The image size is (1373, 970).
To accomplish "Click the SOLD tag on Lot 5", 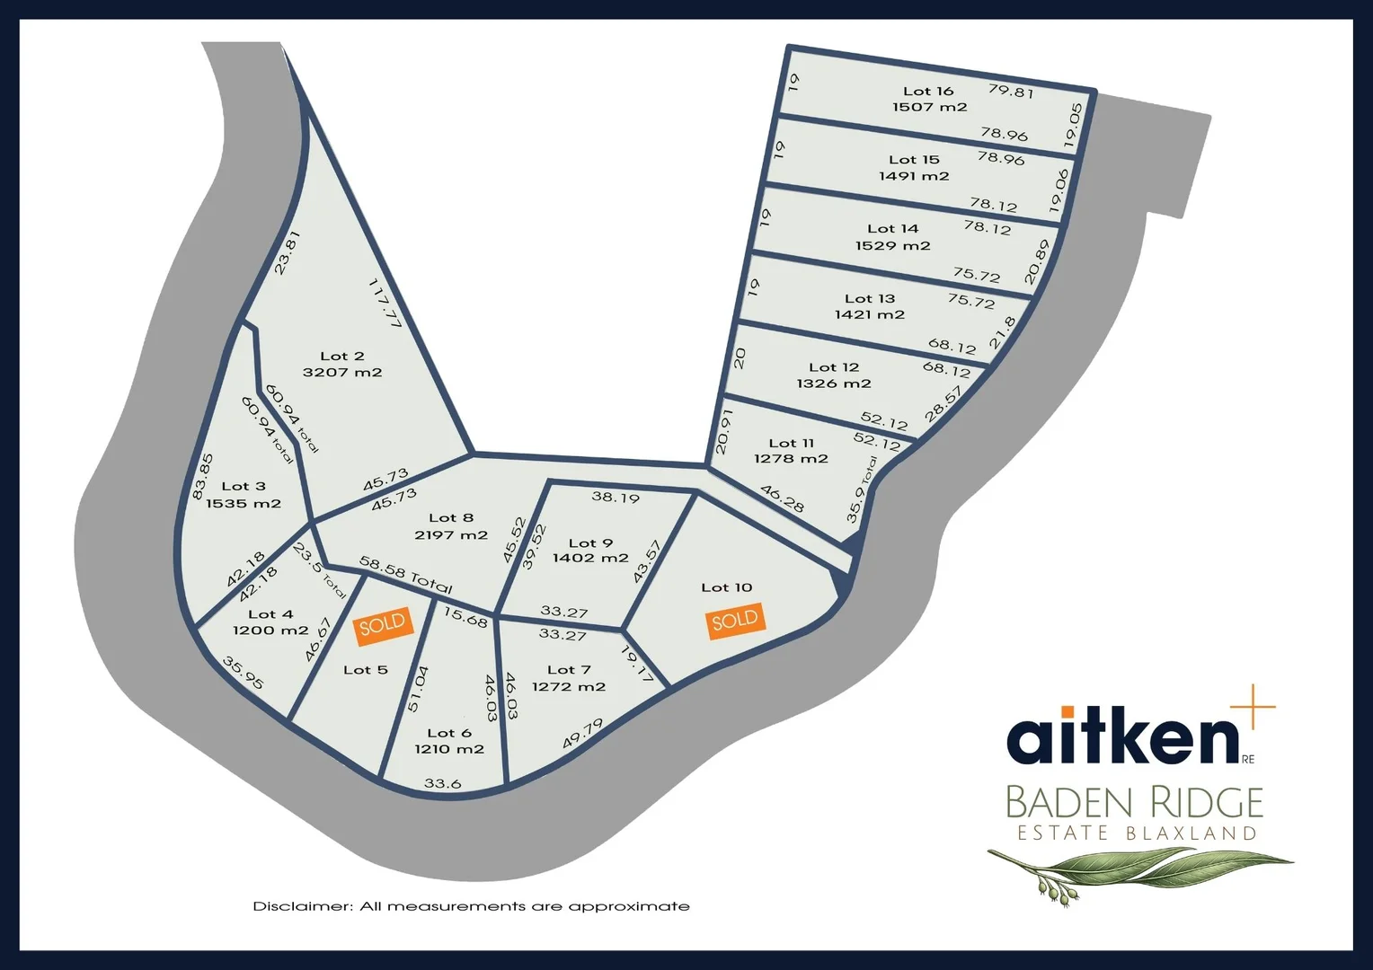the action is [x=384, y=626].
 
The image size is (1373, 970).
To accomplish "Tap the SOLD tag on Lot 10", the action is [x=736, y=621].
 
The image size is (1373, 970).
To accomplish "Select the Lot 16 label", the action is [x=928, y=91].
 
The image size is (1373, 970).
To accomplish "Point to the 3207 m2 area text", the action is [x=342, y=372].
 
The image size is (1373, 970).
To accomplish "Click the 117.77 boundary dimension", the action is [x=385, y=303].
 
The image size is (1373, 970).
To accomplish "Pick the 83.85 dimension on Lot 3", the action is [x=202, y=477].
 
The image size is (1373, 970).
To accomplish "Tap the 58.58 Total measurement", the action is [x=406, y=575].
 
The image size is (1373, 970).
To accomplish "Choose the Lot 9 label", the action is [x=590, y=542].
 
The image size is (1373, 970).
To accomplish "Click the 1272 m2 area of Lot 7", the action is [x=568, y=687].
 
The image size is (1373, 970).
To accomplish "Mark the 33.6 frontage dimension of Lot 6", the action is [x=442, y=784].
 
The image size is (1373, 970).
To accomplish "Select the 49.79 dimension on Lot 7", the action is [x=583, y=734].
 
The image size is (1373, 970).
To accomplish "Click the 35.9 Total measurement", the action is [x=862, y=489].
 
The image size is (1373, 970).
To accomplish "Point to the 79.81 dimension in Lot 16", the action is [x=1011, y=91].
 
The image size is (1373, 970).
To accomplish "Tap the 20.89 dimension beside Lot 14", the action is [x=1037, y=261].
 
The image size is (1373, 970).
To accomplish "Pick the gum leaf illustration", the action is [x=1140, y=873].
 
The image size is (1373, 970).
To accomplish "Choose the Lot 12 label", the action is [x=834, y=367].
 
